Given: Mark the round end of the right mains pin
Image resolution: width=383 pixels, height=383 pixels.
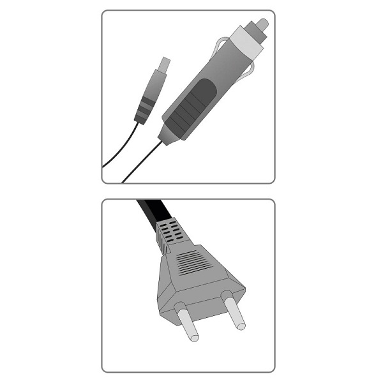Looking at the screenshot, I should pos(239,326).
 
